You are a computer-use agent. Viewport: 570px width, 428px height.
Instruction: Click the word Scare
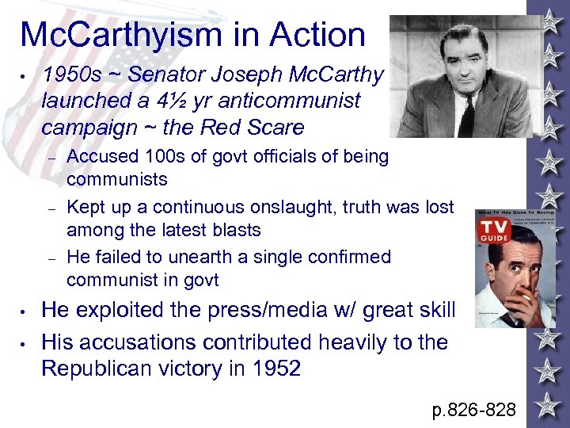[276, 127]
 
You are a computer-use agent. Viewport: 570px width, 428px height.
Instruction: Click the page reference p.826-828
[473, 410]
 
